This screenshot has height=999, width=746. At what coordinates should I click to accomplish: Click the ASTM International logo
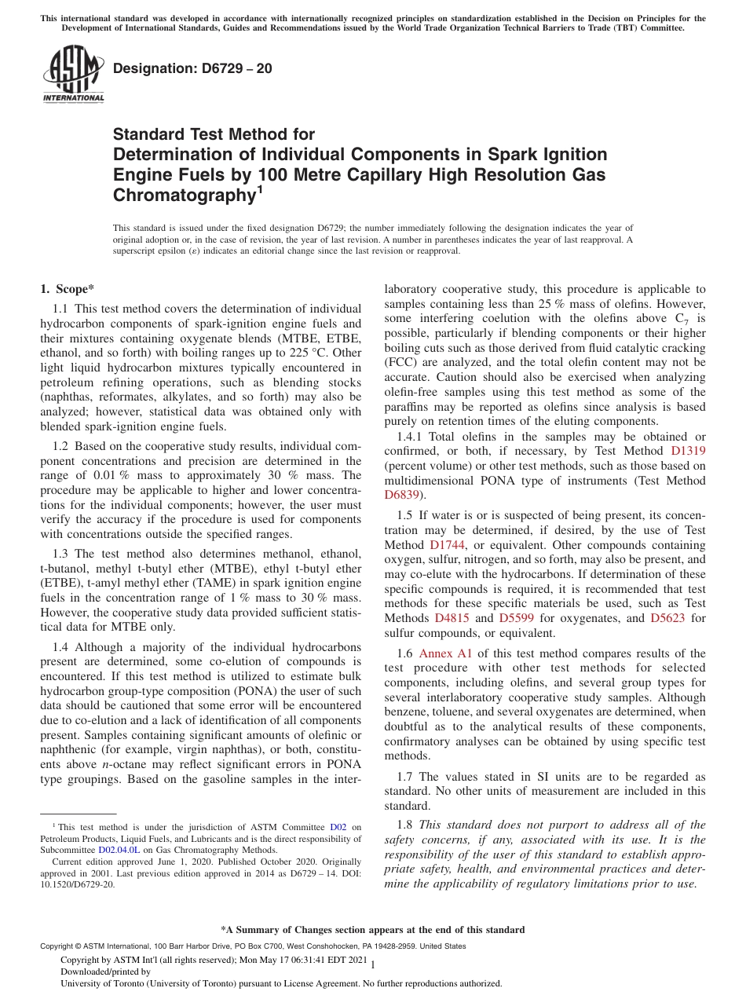(73, 74)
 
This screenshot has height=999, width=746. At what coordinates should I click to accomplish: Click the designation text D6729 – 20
(192, 68)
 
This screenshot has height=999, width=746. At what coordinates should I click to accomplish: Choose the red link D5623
(667, 618)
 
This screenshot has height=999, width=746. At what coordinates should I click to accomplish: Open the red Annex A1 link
(445, 653)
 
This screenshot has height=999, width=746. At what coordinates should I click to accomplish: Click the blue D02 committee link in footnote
(338, 827)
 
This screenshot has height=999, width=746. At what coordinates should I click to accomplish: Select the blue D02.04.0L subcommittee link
(119, 849)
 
